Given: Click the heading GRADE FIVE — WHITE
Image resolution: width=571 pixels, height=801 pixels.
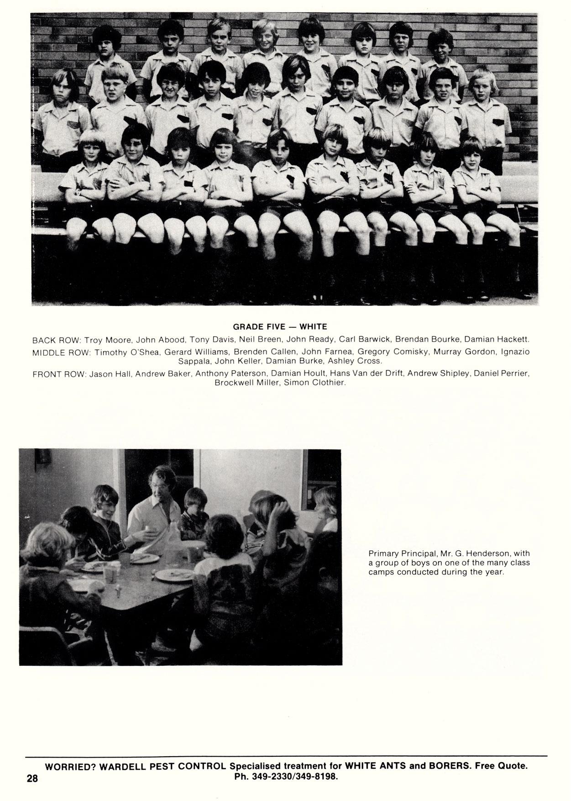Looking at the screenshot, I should pos(280,327).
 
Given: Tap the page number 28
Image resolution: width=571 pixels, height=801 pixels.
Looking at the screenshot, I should pos(32,779).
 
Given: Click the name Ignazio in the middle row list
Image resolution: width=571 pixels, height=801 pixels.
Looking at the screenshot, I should pos(515,352).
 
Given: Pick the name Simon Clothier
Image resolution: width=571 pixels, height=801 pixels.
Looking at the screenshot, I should pos(315,383).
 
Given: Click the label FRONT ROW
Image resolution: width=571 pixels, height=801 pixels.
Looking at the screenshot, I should pos(59,374).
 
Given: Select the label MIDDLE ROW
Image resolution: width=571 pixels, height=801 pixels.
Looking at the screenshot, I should pos(62,353).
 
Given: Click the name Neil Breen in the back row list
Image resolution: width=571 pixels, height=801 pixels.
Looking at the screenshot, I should pos(260,340).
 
